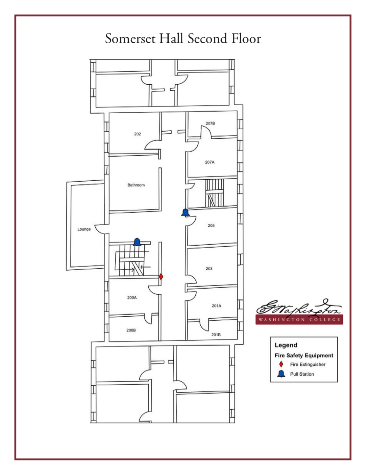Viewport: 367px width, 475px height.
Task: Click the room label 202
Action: [x=137, y=134]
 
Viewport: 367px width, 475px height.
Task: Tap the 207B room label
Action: [x=210, y=123]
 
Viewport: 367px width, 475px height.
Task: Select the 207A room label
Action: [x=210, y=162]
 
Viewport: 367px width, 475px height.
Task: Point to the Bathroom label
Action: [x=136, y=185]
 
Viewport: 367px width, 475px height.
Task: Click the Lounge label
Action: [x=84, y=229]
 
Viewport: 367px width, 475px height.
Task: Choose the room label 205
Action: [x=211, y=226]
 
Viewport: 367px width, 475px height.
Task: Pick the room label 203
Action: [x=209, y=269]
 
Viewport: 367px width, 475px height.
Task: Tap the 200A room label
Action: [x=132, y=298]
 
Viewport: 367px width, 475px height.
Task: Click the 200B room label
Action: [x=131, y=330]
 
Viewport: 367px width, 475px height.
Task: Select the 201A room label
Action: [x=216, y=306]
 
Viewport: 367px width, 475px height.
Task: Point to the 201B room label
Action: [x=216, y=335]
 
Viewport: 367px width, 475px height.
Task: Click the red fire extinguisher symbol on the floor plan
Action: [x=161, y=277]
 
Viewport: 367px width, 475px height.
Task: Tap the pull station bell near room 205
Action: [x=185, y=212]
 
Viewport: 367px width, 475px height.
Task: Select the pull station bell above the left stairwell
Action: [x=137, y=242]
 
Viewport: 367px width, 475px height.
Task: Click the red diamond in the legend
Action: [x=281, y=364]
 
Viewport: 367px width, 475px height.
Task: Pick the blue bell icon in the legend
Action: [x=281, y=374]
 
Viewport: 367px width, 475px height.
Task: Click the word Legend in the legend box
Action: [x=286, y=345]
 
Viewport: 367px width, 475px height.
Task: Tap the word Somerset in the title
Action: [x=130, y=39]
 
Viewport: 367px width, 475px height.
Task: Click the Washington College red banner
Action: [x=299, y=319]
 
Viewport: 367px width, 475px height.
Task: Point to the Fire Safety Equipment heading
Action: [x=304, y=355]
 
